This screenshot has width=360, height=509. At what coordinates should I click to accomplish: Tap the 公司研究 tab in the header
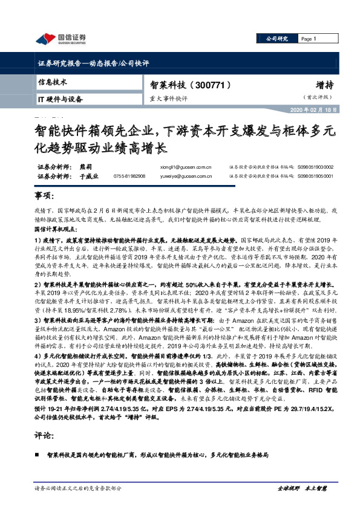278,39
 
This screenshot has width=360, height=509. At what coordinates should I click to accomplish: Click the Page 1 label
309,39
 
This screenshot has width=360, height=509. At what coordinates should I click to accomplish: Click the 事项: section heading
44,197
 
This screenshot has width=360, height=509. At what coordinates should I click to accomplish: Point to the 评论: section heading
44,435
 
